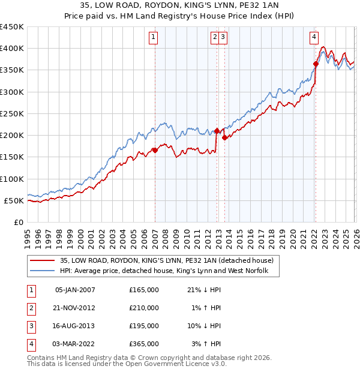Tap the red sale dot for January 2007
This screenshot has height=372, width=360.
point(155,151)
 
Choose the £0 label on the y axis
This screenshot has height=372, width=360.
point(17,222)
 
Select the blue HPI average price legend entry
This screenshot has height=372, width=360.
point(168,271)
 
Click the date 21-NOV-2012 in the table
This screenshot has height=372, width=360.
point(75,308)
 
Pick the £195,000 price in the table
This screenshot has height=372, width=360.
point(144,326)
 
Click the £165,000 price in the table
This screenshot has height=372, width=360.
point(144,290)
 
